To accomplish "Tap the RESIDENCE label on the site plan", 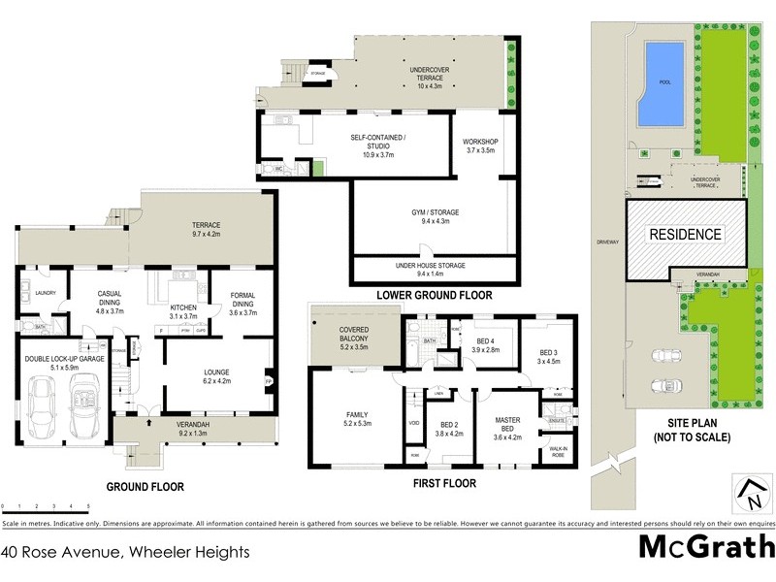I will click(685, 234).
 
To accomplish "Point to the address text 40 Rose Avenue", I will click(126, 552).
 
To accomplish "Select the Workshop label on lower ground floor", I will click(479, 145).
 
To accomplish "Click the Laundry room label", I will click(47, 293).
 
